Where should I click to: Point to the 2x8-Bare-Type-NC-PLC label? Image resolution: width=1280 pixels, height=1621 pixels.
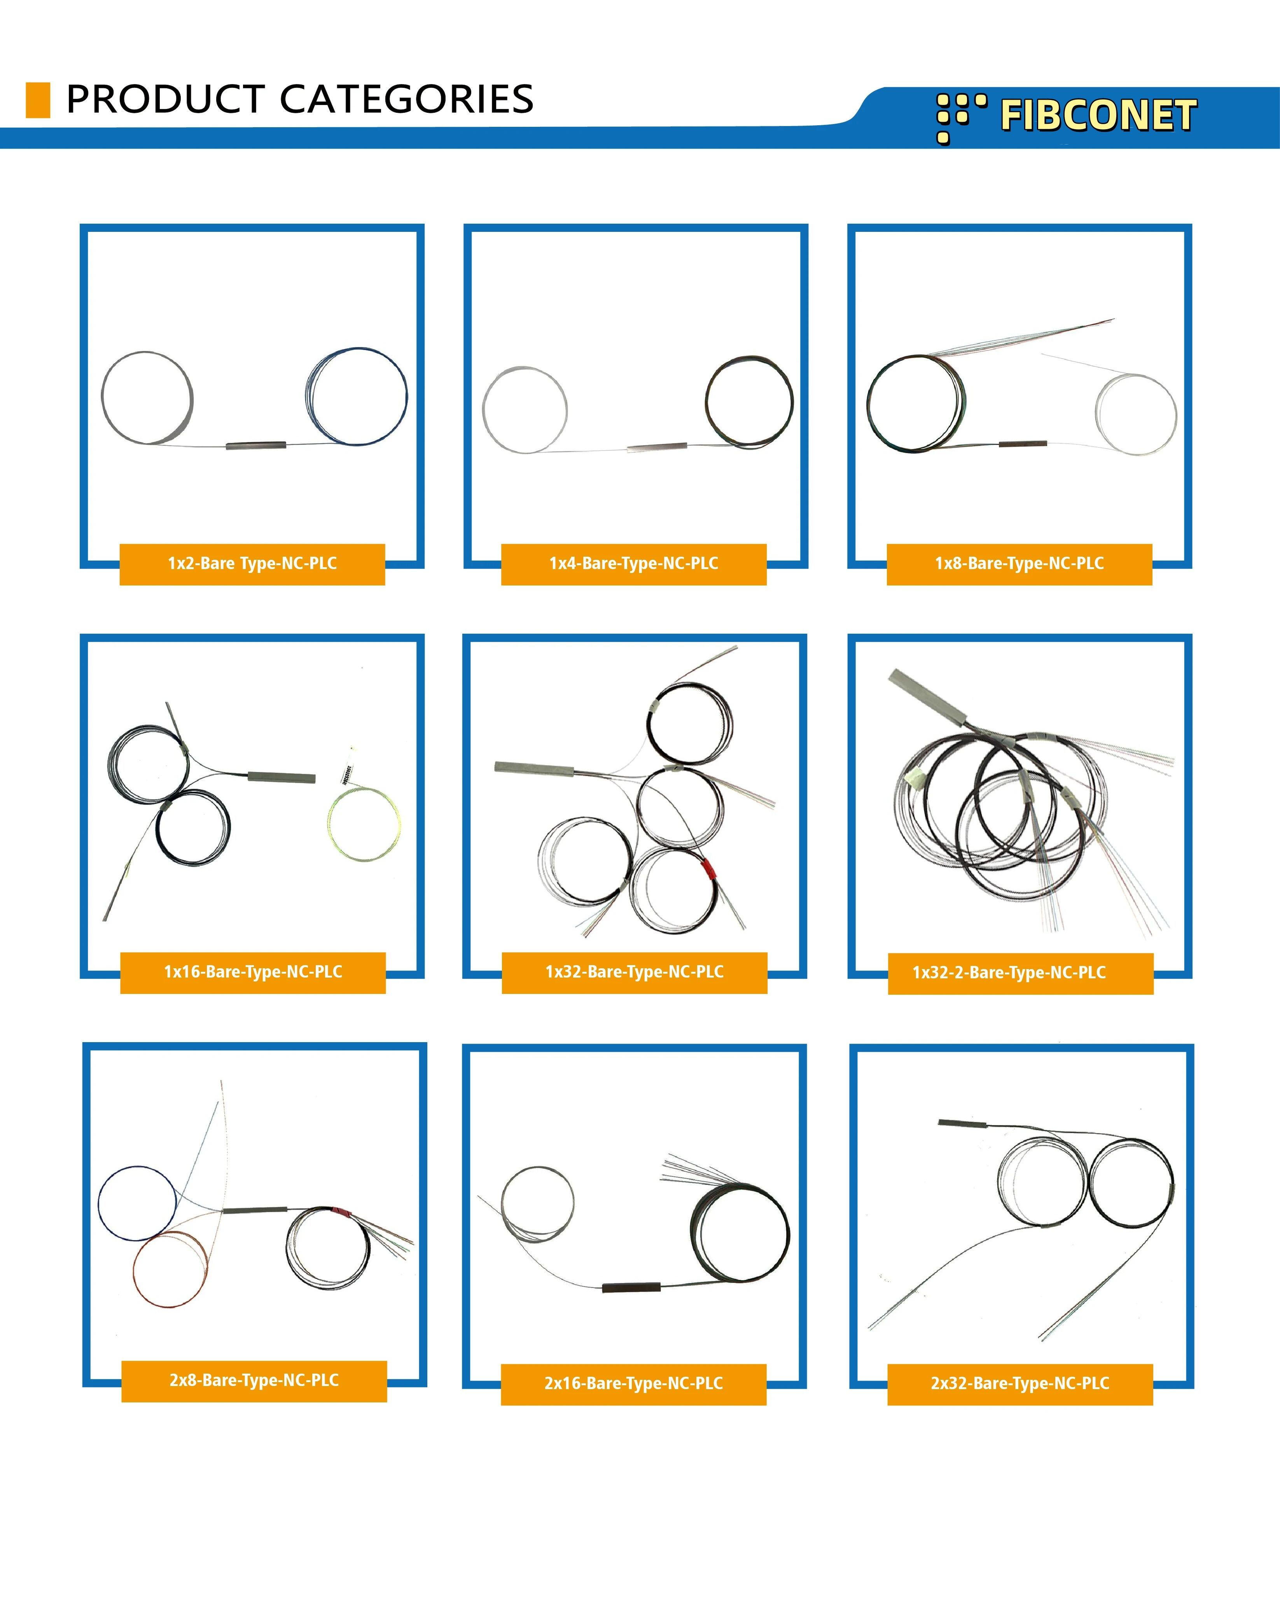[x=254, y=1380]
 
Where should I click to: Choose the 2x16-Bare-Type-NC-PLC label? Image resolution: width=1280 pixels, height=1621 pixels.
[x=634, y=1383]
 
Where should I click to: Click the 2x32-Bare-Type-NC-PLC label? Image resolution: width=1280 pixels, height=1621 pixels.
[x=1020, y=1383]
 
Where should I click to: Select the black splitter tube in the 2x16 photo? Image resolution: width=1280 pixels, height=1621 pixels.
[x=632, y=1287]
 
